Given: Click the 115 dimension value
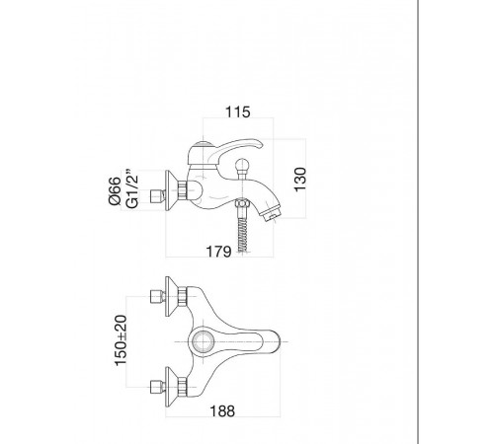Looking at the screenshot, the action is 237,111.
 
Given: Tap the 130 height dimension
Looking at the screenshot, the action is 300,180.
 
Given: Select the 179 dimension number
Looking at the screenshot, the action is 218,252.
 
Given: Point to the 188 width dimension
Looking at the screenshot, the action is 222,411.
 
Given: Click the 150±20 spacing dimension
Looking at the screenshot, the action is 121,340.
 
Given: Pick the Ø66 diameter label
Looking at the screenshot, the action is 115,190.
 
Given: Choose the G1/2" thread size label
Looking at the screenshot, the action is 132,189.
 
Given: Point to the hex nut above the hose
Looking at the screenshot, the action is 243,204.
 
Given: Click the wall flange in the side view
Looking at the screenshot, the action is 171,190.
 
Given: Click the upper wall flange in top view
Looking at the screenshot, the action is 171,297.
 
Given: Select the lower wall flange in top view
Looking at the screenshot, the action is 171,387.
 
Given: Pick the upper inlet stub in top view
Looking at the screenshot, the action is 157,297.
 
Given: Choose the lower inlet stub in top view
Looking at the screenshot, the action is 157,387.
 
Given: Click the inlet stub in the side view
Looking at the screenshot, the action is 157,196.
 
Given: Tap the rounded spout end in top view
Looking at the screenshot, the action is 276,342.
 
